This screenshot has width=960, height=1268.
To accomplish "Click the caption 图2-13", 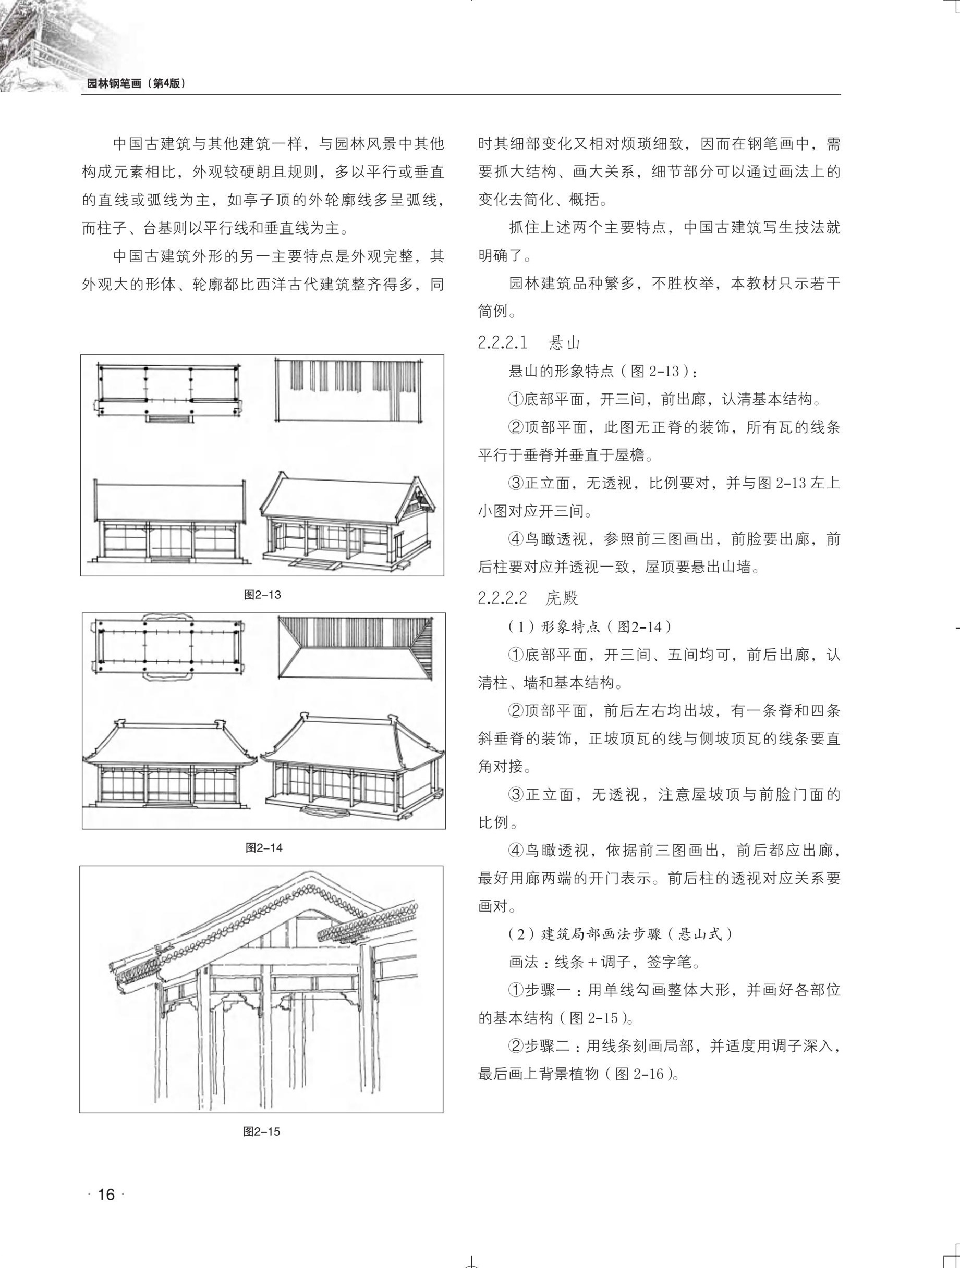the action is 262,595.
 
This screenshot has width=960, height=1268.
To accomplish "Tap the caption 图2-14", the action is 264,847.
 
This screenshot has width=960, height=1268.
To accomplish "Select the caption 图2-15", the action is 261,1131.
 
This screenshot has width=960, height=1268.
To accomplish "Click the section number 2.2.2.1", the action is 502,343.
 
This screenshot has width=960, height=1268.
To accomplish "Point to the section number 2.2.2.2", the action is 502,598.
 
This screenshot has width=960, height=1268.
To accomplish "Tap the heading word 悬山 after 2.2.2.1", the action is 564,343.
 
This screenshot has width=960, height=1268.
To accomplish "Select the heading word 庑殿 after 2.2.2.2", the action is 562,598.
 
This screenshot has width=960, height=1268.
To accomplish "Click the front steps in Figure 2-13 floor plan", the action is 168,418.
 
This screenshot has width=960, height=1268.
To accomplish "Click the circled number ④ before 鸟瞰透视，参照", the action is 516,539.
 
